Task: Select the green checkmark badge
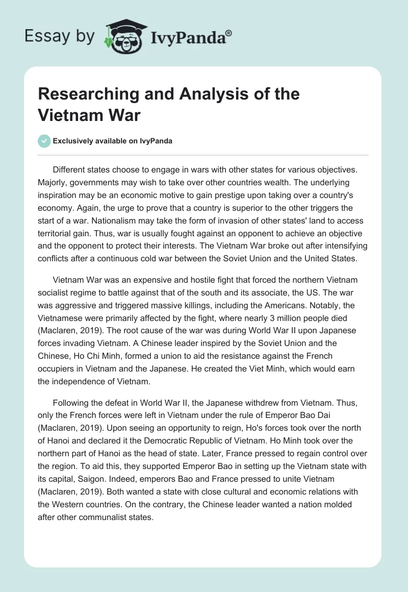pyautogui.click(x=45, y=141)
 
